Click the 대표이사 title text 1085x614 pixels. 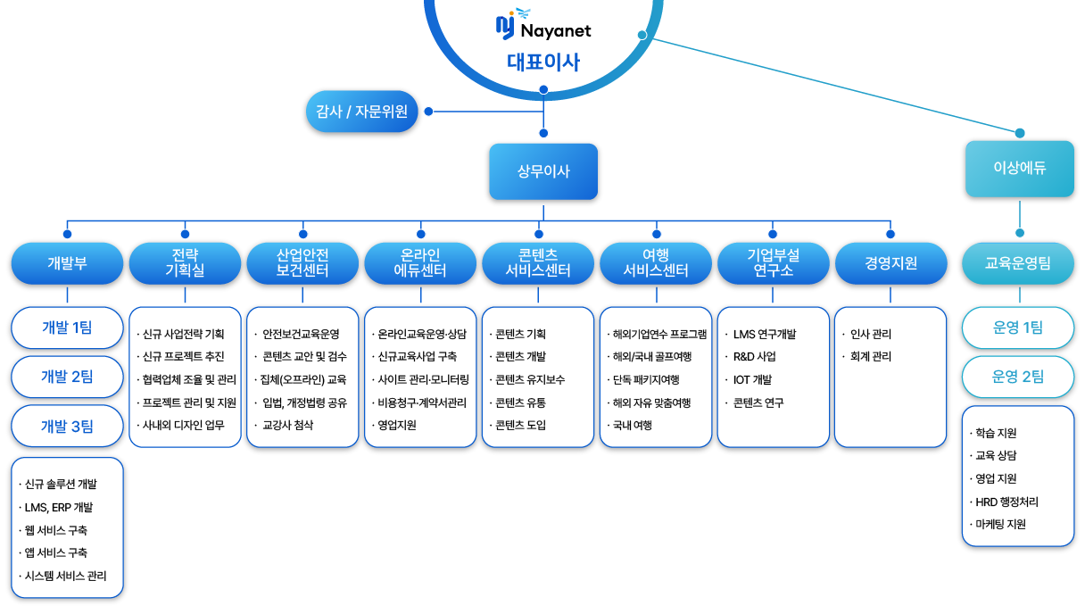(543, 62)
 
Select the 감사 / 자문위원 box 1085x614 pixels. (361, 112)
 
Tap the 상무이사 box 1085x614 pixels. (543, 171)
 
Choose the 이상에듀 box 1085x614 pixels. (1020, 168)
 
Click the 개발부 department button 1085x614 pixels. (67, 263)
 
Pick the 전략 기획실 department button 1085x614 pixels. (185, 263)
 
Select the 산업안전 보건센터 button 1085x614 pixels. (302, 263)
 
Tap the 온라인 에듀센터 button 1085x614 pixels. (420, 263)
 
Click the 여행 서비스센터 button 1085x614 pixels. (656, 263)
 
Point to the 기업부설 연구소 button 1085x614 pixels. (774, 263)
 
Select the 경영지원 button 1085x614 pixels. (890, 263)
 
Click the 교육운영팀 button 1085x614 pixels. (1018, 263)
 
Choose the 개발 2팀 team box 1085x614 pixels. (67, 377)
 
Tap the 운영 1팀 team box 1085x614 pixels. (1018, 328)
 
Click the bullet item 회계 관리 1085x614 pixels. (870, 357)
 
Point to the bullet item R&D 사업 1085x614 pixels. (755, 357)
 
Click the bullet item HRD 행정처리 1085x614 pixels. (1006, 502)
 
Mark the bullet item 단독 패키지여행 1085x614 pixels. (646, 380)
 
